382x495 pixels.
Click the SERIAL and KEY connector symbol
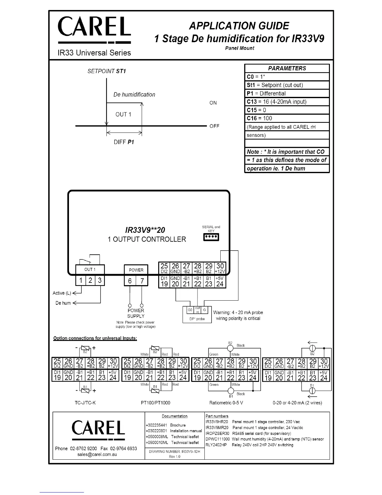coord(211,237)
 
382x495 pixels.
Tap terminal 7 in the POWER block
coord(142,281)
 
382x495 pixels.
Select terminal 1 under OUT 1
coord(81,280)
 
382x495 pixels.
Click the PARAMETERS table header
coord(287,68)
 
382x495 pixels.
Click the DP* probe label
coord(197,319)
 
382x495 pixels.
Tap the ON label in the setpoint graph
coord(213,103)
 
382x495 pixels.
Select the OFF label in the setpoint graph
coord(214,126)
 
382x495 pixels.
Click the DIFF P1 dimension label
coord(124,142)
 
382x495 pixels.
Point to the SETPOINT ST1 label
coord(107,71)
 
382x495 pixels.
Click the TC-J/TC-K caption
coord(85,402)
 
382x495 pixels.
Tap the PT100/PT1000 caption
coord(155,402)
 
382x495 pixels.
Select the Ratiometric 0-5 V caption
coord(226,402)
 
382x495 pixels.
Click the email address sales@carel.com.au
coord(97,454)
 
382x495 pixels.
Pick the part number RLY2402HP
coord(216,445)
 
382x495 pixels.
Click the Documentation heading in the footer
coord(174,416)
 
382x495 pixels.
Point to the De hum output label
coord(63,303)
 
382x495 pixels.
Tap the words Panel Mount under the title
coord(240,48)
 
